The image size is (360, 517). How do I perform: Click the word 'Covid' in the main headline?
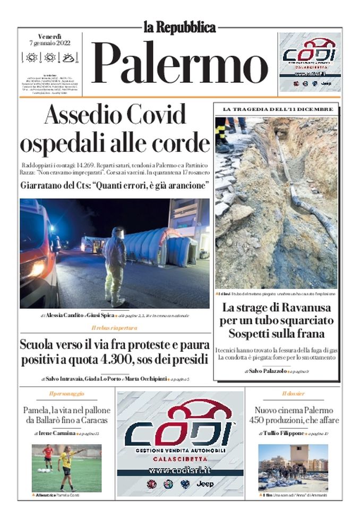[x=153, y=115]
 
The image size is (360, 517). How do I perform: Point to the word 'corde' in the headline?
[x=181, y=142]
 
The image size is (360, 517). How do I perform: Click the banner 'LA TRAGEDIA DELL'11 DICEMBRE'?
[x=277, y=109]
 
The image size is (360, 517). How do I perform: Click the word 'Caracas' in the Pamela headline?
[x=90, y=420]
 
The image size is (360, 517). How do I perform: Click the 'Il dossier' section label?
[x=293, y=394]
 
